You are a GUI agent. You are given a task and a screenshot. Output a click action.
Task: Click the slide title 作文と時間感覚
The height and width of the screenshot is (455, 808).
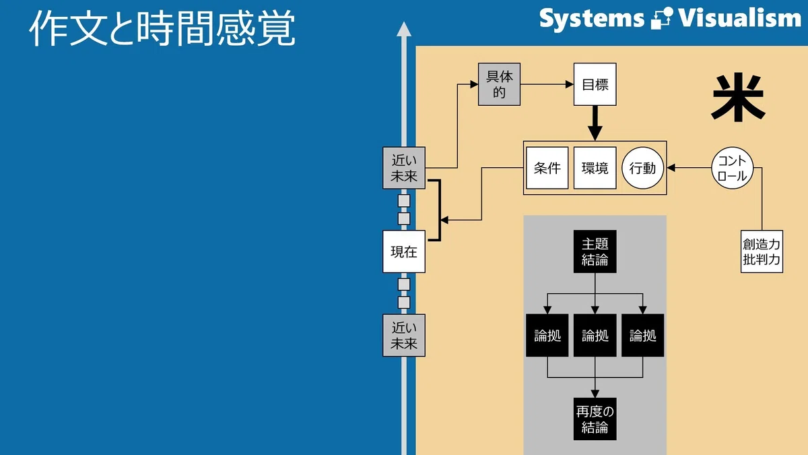pos(162,28)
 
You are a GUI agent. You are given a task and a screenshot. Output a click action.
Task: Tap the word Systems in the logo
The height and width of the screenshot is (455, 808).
pos(592,19)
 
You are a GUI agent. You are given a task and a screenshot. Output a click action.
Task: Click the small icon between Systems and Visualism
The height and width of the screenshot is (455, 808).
pos(661,18)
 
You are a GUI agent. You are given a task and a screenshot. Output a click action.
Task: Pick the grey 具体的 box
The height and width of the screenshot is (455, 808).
pos(499,84)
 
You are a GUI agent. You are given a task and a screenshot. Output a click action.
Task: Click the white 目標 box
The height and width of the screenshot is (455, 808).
pos(595,84)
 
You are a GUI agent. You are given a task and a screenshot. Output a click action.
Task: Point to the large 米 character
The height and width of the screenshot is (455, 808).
pos(738,98)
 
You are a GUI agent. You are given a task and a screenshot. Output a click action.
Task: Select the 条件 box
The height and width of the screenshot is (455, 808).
pos(547,168)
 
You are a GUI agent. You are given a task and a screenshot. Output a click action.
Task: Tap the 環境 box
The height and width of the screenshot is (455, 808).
pos(595,168)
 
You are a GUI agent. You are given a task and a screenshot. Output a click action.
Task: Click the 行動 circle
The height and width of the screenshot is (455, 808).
pos(643,168)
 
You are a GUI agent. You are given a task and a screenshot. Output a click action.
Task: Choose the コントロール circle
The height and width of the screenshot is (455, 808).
pos(733,168)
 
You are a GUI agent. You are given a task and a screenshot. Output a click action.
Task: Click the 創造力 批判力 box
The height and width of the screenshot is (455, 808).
pos(762,251)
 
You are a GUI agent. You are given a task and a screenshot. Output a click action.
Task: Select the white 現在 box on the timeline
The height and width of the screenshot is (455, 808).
pos(404,251)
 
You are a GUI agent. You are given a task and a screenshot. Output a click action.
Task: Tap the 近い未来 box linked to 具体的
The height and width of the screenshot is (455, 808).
pos(404,168)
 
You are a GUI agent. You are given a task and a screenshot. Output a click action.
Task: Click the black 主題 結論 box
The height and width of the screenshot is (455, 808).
pos(595,251)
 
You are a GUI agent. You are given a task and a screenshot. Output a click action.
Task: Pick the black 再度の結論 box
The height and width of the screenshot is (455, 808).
pos(595,419)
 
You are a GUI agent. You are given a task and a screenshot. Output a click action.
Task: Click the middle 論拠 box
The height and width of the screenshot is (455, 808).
pos(595,336)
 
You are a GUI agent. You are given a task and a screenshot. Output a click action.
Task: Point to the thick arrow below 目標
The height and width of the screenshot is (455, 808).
pos(595,123)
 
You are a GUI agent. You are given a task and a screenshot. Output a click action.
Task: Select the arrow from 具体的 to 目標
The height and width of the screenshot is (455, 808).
pos(547,84)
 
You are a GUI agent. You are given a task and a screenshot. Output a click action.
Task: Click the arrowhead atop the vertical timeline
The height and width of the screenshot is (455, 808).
pos(404,30)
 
